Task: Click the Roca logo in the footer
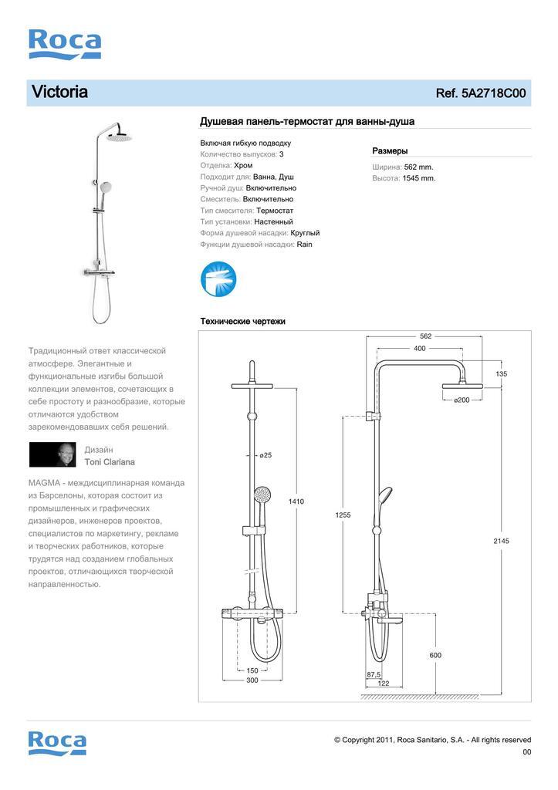[x=57, y=742]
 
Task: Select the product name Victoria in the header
[x=59, y=93]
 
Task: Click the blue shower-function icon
[x=218, y=279]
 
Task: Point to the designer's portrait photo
[x=52, y=454]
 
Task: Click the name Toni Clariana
[x=110, y=462]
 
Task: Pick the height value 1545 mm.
[x=420, y=178]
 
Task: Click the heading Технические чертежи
[x=242, y=321]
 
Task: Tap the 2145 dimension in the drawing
[x=502, y=541]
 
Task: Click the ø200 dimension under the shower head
[x=462, y=400]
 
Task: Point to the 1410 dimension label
[x=296, y=501]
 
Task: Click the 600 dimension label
[x=436, y=655]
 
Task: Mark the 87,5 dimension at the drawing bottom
[x=374, y=674]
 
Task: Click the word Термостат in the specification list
[x=275, y=211]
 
